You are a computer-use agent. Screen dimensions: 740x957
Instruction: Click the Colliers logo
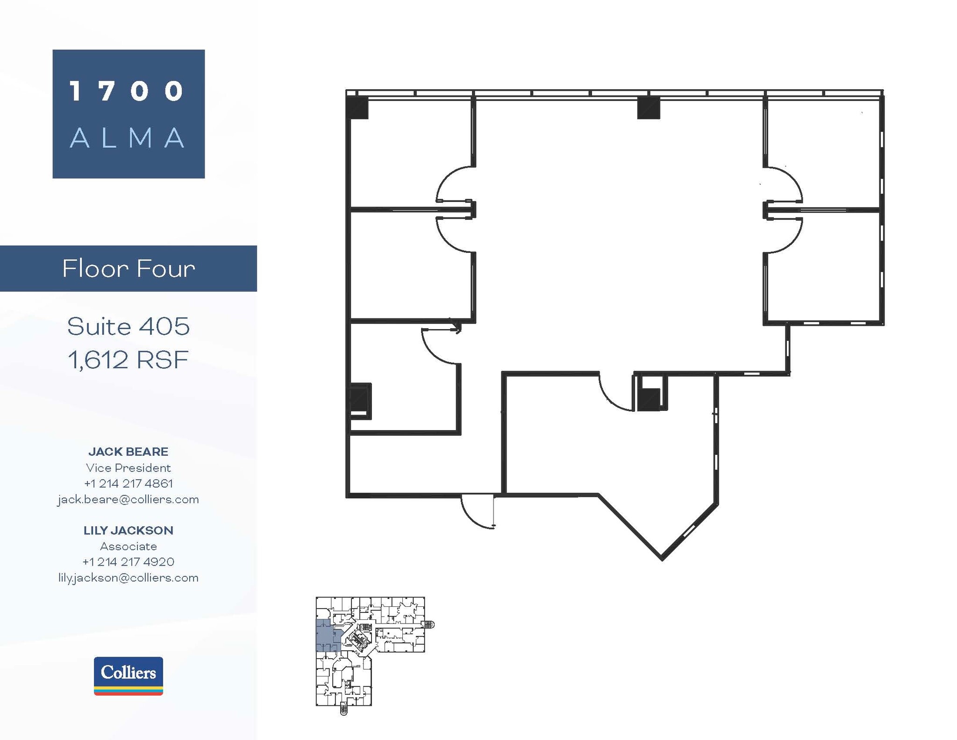click(x=128, y=675)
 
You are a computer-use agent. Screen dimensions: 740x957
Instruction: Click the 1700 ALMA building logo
click(x=129, y=114)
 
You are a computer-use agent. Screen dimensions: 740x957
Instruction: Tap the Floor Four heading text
click(x=129, y=269)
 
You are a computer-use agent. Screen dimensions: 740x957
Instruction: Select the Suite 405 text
click(x=129, y=326)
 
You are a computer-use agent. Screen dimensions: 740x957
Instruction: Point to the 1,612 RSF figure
click(x=129, y=360)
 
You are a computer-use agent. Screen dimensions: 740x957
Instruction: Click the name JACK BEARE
click(x=129, y=452)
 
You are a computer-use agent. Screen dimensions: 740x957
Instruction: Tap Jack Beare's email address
click(x=129, y=499)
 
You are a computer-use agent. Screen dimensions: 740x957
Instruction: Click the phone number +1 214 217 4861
click(x=129, y=483)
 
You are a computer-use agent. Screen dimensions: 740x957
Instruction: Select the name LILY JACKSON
click(x=129, y=530)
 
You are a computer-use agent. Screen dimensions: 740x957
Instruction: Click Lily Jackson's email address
click(x=129, y=578)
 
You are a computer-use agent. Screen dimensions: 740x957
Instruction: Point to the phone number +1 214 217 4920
click(x=129, y=562)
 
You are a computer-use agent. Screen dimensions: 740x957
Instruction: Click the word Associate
click(x=129, y=546)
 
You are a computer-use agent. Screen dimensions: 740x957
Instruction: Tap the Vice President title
click(x=129, y=467)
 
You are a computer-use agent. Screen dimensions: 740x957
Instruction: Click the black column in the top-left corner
click(x=357, y=108)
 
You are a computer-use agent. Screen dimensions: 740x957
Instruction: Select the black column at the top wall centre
click(x=649, y=108)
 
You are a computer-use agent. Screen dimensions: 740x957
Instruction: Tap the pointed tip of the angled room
click(x=662, y=557)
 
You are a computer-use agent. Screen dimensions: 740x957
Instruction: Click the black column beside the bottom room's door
click(x=649, y=399)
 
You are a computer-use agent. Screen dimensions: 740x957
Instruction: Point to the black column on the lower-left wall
click(x=360, y=399)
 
